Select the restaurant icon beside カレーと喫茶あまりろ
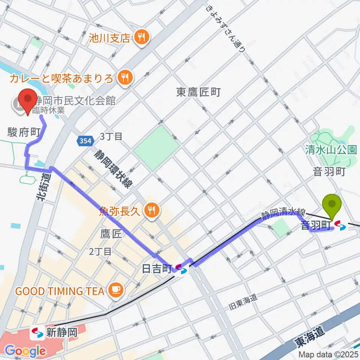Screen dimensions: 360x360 click(x=124, y=78)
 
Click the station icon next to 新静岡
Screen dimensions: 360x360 click(x=37, y=332)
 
